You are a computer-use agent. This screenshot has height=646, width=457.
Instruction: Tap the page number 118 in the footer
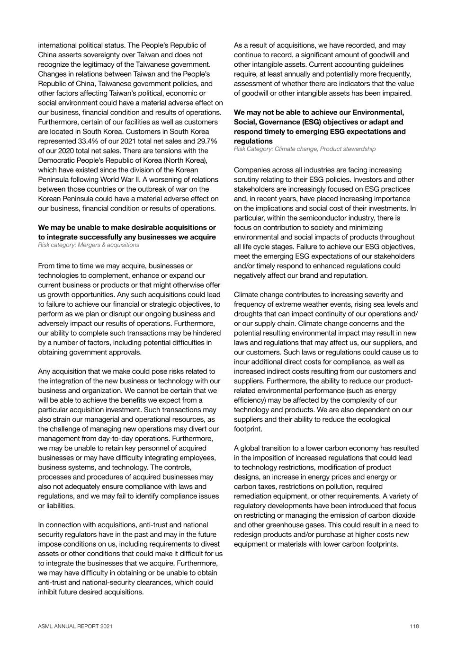(x=414, y=626)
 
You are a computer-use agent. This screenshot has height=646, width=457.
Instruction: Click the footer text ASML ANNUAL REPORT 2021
(x=75, y=626)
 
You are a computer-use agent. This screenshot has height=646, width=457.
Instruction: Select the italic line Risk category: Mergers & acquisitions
(x=89, y=245)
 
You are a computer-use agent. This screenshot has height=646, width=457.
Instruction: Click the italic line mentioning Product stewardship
(x=305, y=149)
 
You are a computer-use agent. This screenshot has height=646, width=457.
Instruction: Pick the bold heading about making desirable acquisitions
(x=127, y=232)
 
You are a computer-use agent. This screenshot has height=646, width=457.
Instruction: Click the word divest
(x=211, y=544)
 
